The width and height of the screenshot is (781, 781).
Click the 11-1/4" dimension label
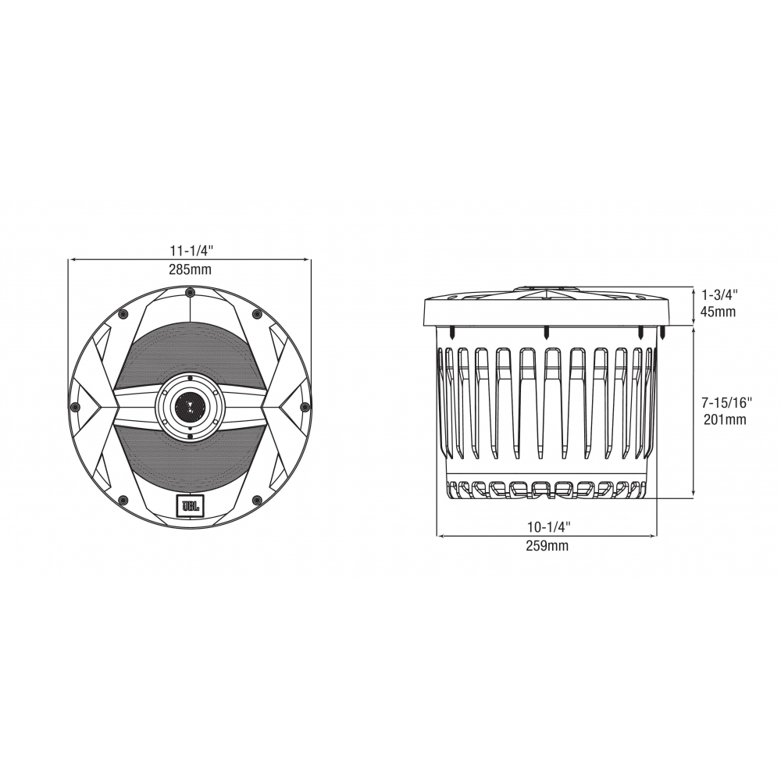tap(191, 251)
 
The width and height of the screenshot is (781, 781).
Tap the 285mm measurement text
tap(191, 269)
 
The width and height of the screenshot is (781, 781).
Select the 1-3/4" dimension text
tap(719, 294)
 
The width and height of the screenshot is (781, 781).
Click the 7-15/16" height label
tap(726, 403)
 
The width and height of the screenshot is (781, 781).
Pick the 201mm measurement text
tap(725, 420)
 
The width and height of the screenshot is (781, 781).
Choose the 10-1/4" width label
tap(547, 528)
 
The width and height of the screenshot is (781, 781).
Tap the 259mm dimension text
tap(547, 547)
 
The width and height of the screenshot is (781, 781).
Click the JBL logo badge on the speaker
tap(190, 507)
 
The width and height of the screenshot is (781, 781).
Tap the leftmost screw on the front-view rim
tap(74, 407)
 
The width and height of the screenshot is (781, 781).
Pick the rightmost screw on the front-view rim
tap(305, 407)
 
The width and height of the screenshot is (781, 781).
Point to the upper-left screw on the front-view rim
tap(123, 314)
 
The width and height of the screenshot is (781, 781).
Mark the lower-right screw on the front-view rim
tap(256, 500)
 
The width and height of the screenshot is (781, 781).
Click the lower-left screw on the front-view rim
tap(123, 500)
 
